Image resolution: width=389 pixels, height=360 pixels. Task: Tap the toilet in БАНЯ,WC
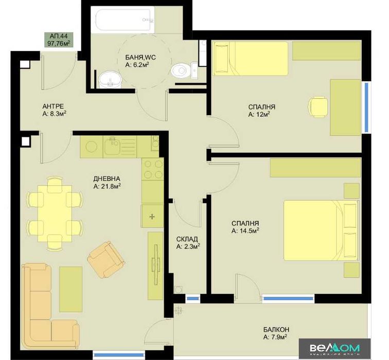tap(180, 69)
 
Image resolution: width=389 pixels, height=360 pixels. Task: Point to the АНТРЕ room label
tap(53, 106)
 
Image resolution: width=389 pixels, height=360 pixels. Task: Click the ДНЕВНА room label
tap(107, 178)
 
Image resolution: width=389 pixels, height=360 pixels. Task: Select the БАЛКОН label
tap(275, 330)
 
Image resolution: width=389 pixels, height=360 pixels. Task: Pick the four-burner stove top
tap(152, 169)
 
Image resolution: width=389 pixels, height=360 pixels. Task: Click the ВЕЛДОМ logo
tap(335, 348)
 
